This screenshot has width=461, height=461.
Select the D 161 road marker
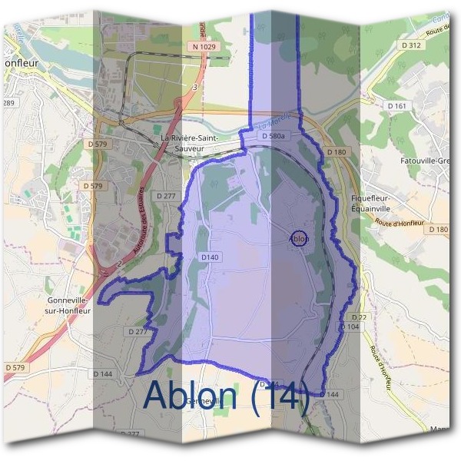coord(396,105)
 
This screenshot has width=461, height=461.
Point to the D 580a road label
coord(274,136)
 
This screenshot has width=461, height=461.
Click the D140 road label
coord(210,257)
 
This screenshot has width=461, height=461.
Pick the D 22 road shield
coord(357,317)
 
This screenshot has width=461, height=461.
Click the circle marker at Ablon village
coord(300,238)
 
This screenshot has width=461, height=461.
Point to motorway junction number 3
coord(195,88)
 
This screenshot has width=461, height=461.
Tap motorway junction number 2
coord(121,264)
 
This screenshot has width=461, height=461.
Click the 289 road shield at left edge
coord(8,103)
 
